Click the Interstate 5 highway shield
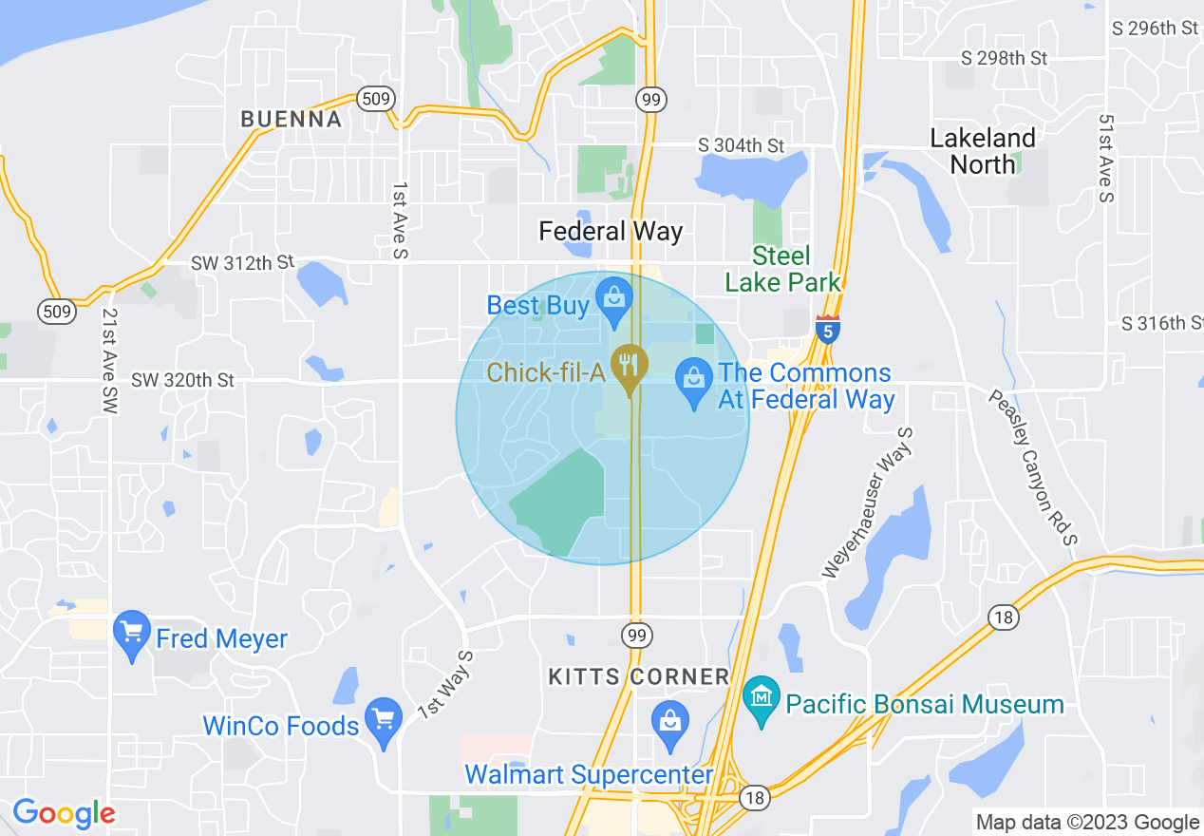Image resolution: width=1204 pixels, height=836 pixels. (x=827, y=329)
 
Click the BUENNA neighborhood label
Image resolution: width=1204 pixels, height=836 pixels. (x=291, y=120)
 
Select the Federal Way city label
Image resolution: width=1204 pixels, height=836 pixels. (x=611, y=231)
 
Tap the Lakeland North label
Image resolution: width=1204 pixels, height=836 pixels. (x=983, y=151)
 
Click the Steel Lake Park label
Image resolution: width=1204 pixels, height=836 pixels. (x=781, y=269)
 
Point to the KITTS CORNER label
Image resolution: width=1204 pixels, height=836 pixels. (x=639, y=676)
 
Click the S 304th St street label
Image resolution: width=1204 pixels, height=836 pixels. (x=741, y=145)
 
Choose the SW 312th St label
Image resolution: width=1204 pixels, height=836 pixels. (x=242, y=262)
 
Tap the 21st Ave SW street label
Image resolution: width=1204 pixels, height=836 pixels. (x=110, y=359)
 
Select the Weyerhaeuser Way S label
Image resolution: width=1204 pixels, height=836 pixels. (x=868, y=503)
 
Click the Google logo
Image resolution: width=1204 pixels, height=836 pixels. (x=64, y=813)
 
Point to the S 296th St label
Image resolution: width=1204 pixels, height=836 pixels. (x=1155, y=28)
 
